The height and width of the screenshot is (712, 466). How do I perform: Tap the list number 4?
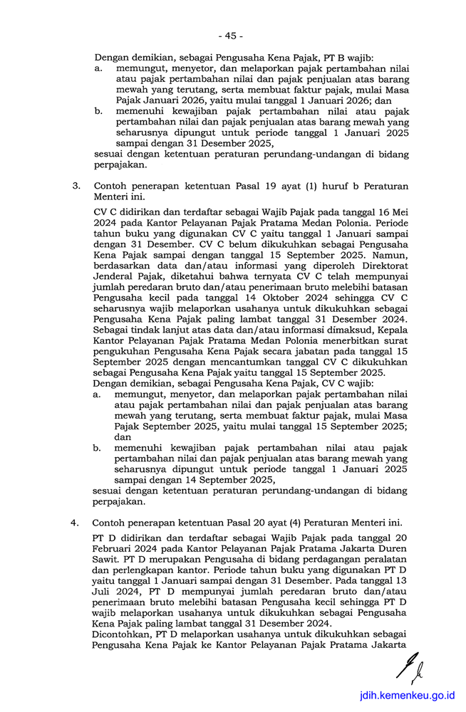click(x=76, y=522)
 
